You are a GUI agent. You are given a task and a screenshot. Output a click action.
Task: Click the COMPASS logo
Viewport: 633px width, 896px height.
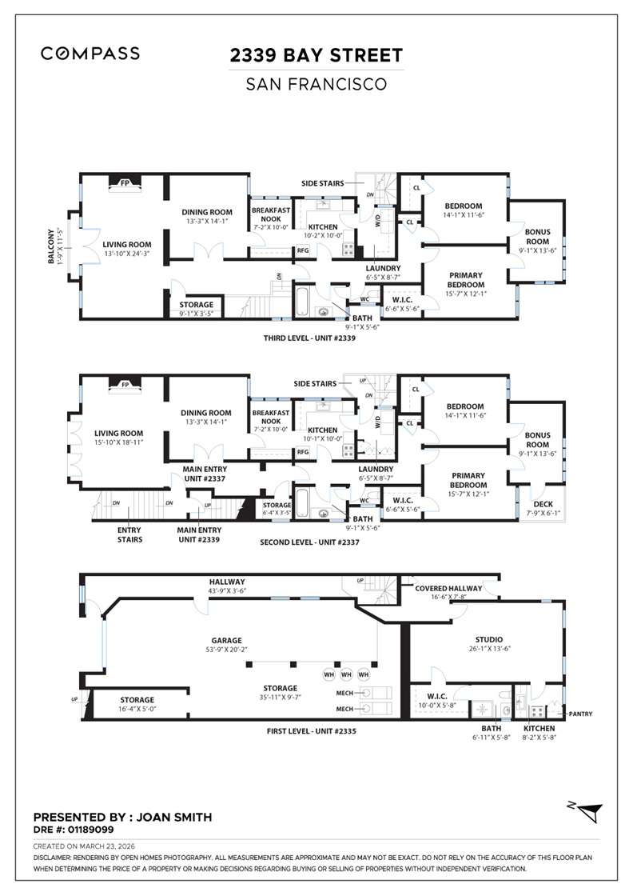pyautogui.click(x=90, y=54)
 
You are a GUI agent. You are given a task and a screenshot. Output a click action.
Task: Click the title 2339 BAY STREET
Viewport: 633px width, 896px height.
pyautogui.click(x=316, y=55)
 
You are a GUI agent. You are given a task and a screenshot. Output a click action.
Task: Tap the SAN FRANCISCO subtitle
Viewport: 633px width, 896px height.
pyautogui.click(x=316, y=83)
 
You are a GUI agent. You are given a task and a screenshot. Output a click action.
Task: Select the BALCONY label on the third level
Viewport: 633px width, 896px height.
pyautogui.click(x=52, y=246)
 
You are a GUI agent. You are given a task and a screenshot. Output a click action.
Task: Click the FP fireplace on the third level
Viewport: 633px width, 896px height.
pyautogui.click(x=125, y=182)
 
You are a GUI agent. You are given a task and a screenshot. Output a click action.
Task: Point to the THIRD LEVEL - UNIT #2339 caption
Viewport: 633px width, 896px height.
pyautogui.click(x=309, y=338)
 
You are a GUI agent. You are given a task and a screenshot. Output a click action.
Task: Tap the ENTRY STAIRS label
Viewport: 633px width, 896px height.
pyautogui.click(x=129, y=534)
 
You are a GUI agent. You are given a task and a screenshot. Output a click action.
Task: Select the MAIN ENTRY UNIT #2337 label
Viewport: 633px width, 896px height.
pyautogui.click(x=202, y=474)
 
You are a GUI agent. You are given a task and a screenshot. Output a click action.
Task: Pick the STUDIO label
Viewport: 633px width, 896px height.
pyautogui.click(x=488, y=639)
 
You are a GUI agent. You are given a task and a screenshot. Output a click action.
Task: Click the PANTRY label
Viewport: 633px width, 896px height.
pyautogui.click(x=579, y=714)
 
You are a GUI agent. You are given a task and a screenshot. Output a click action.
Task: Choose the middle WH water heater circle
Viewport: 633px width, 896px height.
pyautogui.click(x=346, y=674)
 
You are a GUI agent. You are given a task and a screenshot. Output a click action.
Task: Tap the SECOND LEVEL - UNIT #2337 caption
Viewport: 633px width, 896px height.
pyautogui.click(x=309, y=542)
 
